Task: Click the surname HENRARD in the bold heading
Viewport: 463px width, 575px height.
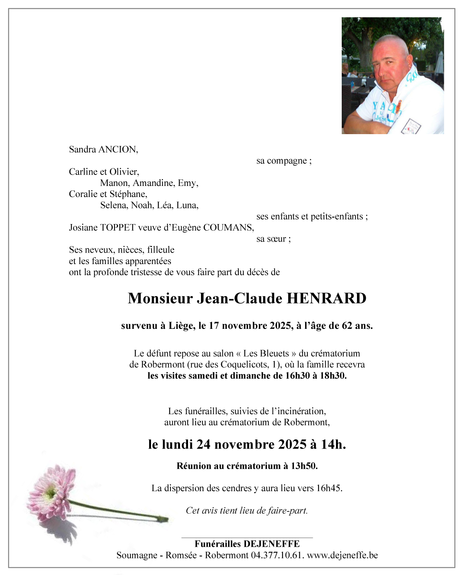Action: (x=326, y=298)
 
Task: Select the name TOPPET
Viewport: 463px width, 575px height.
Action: (x=117, y=228)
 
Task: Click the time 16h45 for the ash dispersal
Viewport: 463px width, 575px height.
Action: (x=328, y=488)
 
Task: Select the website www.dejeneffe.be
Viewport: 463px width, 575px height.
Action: (x=342, y=555)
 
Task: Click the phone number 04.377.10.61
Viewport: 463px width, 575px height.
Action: (x=277, y=555)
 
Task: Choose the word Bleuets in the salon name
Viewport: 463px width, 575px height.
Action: (x=266, y=353)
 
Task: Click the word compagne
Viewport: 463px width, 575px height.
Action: (x=287, y=161)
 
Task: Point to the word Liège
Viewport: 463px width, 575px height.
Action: (x=182, y=326)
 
